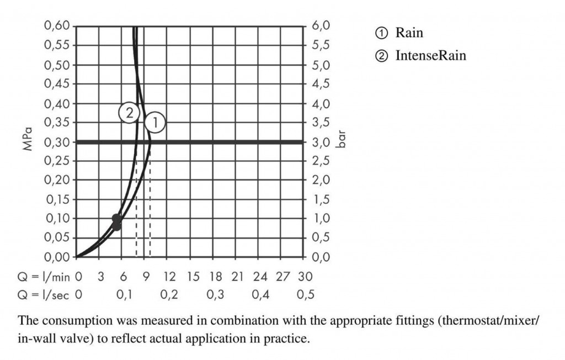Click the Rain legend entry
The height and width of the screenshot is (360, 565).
coord(409,33)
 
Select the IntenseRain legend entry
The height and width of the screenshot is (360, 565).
coord(430,56)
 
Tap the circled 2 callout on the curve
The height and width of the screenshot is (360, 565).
coord(128,113)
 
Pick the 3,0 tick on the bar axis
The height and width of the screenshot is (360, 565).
coord(321,142)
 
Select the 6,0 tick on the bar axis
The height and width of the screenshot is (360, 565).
coord(321,26)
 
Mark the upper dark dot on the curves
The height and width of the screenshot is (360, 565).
coord(116,219)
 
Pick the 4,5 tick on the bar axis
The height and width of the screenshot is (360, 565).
coord(321,84)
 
